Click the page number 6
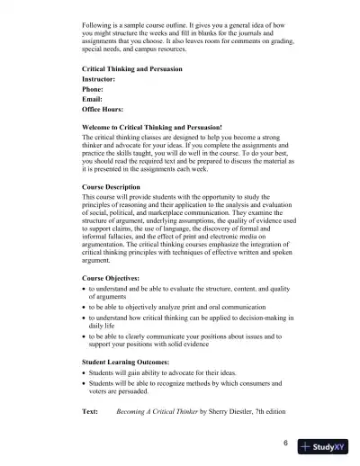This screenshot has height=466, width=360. coord(284,444)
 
